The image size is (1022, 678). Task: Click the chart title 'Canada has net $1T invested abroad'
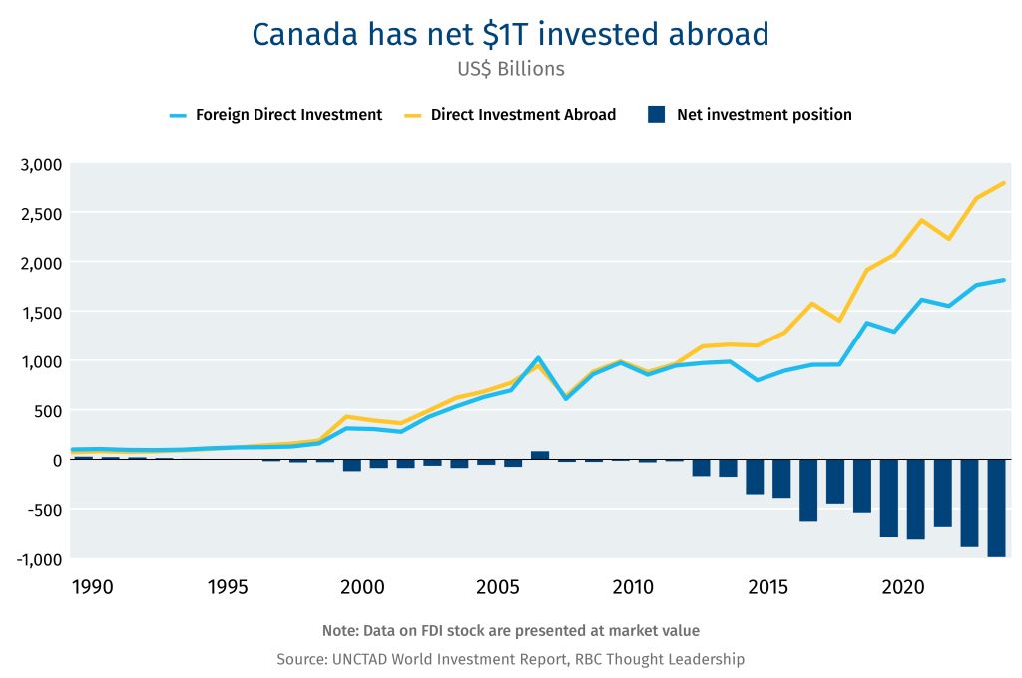click(510, 34)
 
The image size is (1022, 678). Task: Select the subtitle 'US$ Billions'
click(510, 69)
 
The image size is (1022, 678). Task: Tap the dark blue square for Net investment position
click(656, 115)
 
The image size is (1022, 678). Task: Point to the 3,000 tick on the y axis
click(41, 164)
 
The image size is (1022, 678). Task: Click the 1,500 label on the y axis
click(41, 313)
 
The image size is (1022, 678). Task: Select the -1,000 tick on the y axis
click(39, 559)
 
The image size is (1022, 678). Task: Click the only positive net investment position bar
click(539, 455)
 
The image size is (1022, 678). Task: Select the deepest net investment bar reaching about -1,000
click(995, 508)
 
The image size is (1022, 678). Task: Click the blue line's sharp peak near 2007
click(538, 357)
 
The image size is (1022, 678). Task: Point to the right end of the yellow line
click(1003, 183)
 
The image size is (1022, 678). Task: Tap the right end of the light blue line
click(1003, 280)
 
